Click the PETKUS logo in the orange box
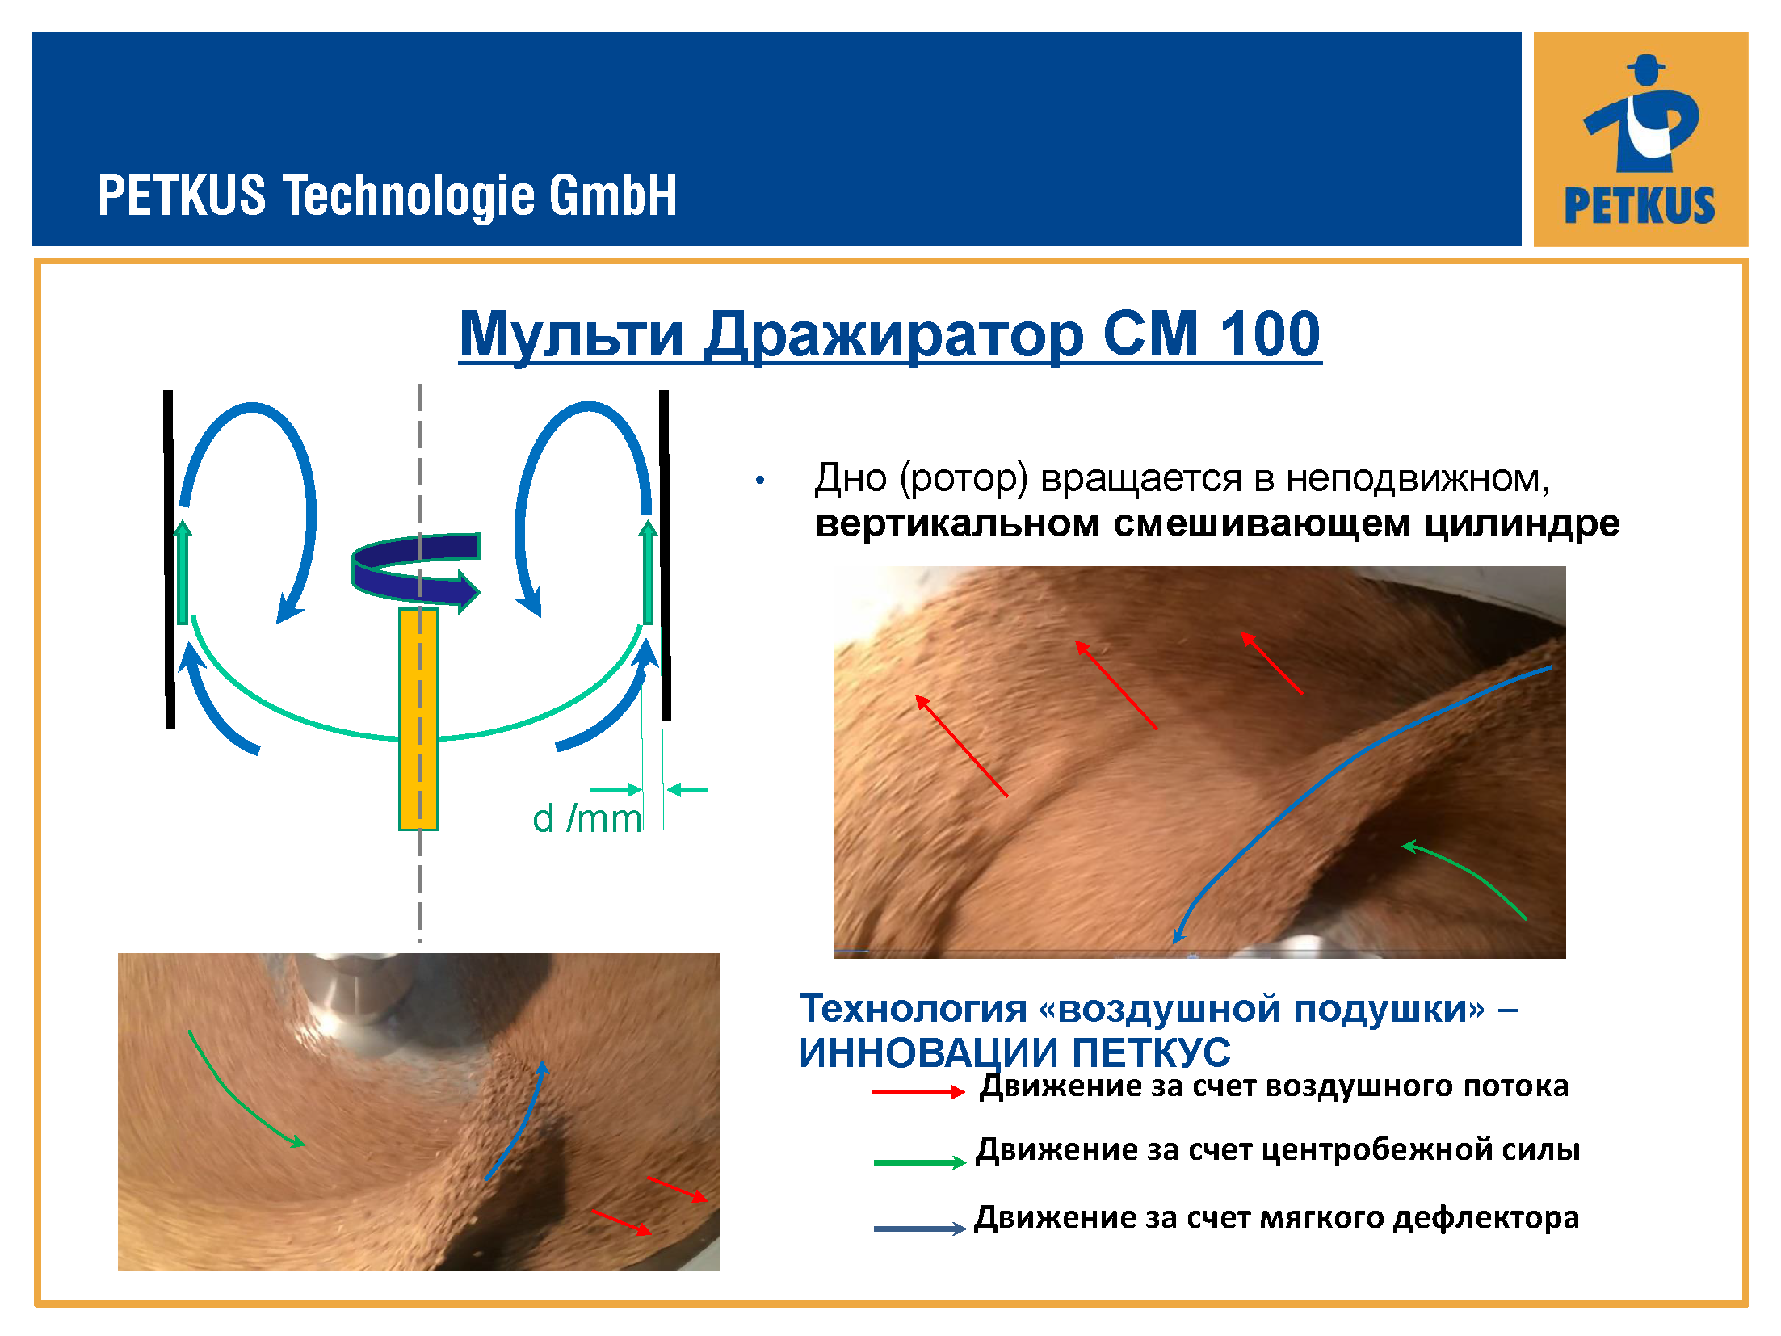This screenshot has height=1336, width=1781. [x=1640, y=139]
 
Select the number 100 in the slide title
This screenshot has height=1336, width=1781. [x=1270, y=334]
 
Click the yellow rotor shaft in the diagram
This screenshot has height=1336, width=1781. [x=418, y=719]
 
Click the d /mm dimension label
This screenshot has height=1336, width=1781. [x=587, y=818]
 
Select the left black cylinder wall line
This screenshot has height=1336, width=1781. [x=169, y=559]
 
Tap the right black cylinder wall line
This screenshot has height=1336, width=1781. [x=664, y=555]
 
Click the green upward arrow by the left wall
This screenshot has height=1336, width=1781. [x=183, y=572]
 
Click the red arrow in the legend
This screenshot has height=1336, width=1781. [x=919, y=1092]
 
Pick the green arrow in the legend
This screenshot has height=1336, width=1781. [x=919, y=1162]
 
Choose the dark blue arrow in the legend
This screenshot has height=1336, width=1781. [x=919, y=1229]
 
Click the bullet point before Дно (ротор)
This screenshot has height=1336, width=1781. [x=759, y=480]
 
